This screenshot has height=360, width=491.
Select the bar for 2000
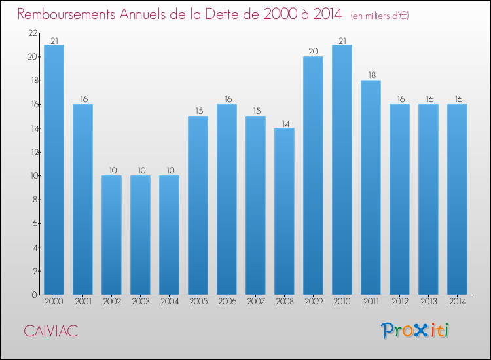click(54, 170)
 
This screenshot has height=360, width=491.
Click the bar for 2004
click(169, 235)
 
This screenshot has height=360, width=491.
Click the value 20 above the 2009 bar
click(313, 52)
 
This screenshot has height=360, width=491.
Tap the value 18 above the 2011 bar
click(371, 75)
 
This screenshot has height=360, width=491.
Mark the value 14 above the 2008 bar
click(284, 123)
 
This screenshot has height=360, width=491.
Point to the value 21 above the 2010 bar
click(342, 40)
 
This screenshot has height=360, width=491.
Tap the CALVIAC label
click(50, 331)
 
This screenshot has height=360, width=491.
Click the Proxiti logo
click(415, 331)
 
